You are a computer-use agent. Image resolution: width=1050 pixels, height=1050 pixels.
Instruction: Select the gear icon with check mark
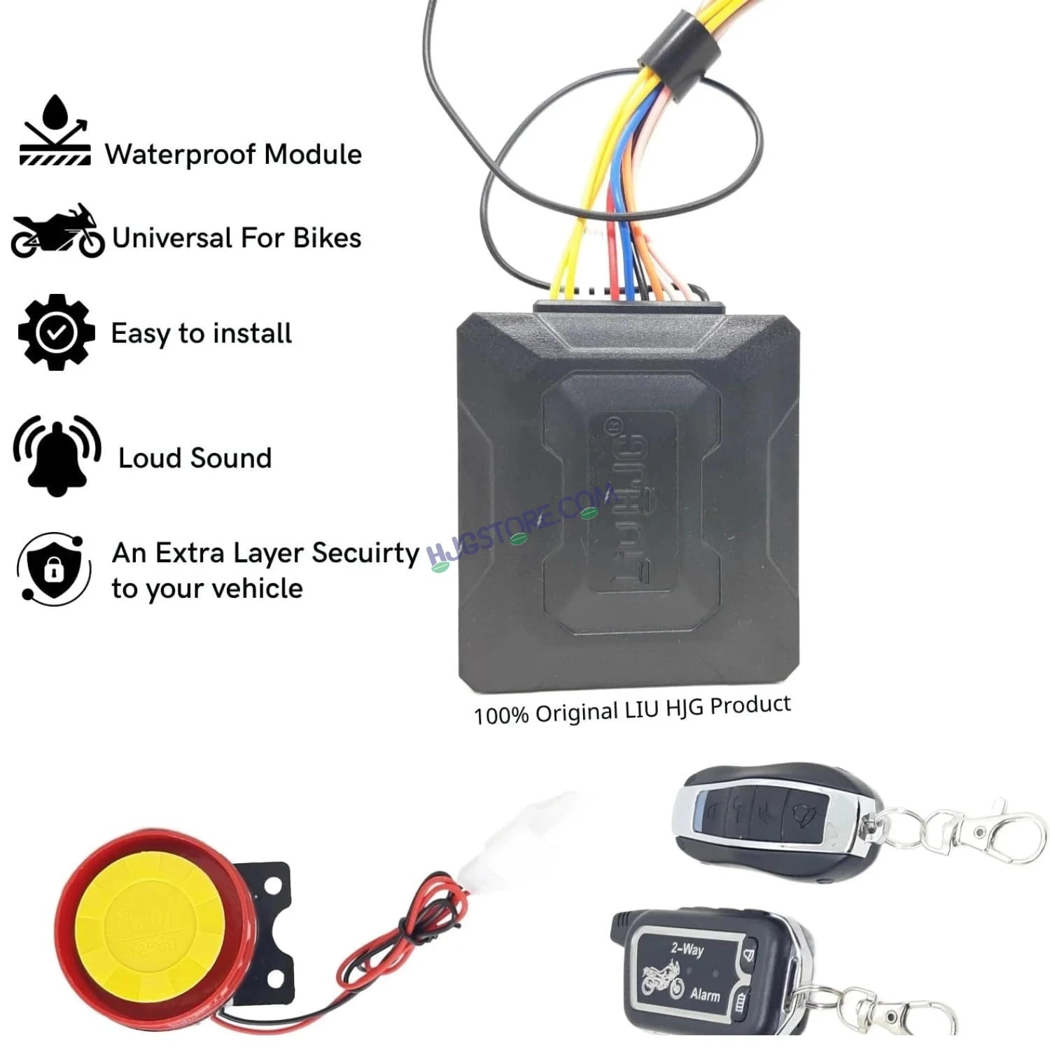coord(56,332)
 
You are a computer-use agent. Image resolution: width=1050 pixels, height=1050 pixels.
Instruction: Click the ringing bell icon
coord(57,456)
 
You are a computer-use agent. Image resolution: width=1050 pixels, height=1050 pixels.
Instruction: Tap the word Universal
coord(172,238)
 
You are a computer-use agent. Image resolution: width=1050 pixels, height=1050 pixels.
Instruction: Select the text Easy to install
coord(202,333)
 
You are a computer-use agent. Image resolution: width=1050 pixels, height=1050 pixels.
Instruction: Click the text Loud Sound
coord(195,458)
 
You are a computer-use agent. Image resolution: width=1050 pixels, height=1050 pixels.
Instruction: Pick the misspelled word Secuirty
coord(365,553)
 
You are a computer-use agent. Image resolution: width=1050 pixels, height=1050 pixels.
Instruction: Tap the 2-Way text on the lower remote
coord(687,949)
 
